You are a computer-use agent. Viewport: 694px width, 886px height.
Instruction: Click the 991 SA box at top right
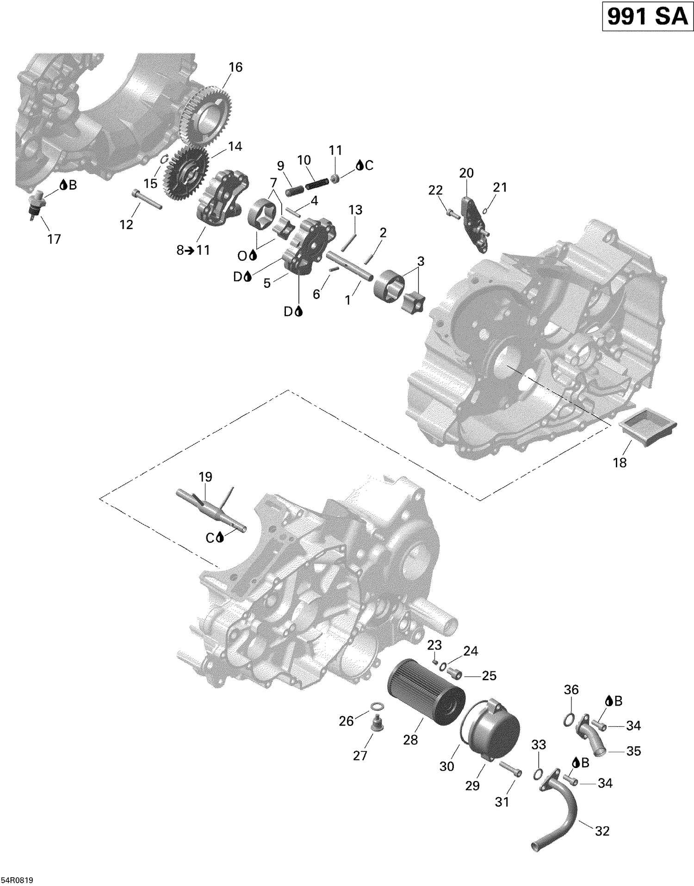[x=647, y=17]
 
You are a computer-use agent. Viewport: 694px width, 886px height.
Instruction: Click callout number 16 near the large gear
[x=235, y=68]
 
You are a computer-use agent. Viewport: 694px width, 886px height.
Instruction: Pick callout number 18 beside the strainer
[x=620, y=462]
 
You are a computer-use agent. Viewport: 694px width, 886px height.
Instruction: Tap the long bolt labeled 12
[x=147, y=199]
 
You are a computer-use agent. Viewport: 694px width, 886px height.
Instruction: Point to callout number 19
[x=205, y=477]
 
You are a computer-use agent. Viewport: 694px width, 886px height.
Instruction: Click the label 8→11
[x=193, y=250]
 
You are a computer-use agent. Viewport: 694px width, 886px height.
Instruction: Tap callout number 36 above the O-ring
[x=571, y=689]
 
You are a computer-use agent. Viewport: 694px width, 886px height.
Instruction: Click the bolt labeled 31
[x=510, y=768]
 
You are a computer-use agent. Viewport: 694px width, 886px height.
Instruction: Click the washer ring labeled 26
[x=378, y=706]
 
